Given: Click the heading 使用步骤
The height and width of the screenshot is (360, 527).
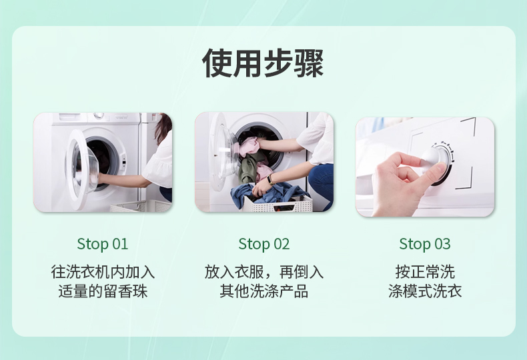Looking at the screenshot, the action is point(263,63).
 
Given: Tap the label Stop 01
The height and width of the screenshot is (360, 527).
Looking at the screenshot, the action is point(103,244).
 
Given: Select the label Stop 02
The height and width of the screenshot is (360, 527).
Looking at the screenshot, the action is point(264,244).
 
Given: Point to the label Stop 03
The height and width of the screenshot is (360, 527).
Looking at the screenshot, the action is point(425,244).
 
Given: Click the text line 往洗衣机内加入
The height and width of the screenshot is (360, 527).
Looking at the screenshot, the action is point(103,272).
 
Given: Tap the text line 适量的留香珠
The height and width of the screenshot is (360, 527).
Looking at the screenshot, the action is point(103,291).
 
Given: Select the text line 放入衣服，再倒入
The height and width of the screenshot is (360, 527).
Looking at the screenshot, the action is point(264,272).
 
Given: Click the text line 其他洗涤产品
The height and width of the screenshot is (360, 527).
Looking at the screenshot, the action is point(264,291).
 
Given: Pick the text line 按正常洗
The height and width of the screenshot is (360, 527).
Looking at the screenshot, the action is point(425,272).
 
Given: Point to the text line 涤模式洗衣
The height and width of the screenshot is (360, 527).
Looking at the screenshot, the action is point(425,291).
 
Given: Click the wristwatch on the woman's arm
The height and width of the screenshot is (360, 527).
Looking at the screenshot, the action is point(270,180).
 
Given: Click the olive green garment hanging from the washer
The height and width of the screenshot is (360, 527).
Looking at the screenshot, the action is point(249,168).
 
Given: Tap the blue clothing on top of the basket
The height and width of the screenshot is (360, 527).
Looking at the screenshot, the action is point(266,194).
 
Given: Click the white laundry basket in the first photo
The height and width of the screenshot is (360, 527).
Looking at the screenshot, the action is point(141,206).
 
